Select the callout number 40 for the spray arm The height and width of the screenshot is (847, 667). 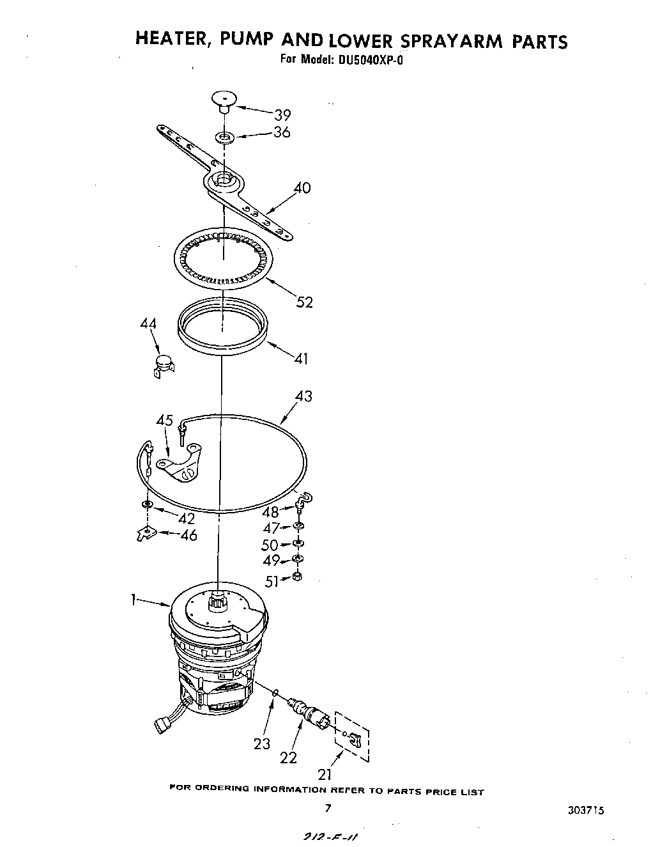pos(302,188)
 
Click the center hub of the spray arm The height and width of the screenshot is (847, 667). pos(224,180)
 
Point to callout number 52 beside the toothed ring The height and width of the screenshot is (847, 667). pos(305,302)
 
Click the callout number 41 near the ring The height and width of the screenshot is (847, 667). pos(301,359)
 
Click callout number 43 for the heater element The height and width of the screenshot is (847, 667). pos(303,396)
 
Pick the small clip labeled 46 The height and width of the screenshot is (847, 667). pos(147,532)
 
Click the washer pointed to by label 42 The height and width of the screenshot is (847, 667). pos(148,505)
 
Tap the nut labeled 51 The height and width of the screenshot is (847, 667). pos(296,577)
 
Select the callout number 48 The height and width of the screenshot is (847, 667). pos(270,512)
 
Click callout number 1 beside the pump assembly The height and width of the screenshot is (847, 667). pos(133,600)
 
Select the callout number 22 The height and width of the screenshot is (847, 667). pos(289,758)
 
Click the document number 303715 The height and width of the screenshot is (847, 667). pos(584,809)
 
